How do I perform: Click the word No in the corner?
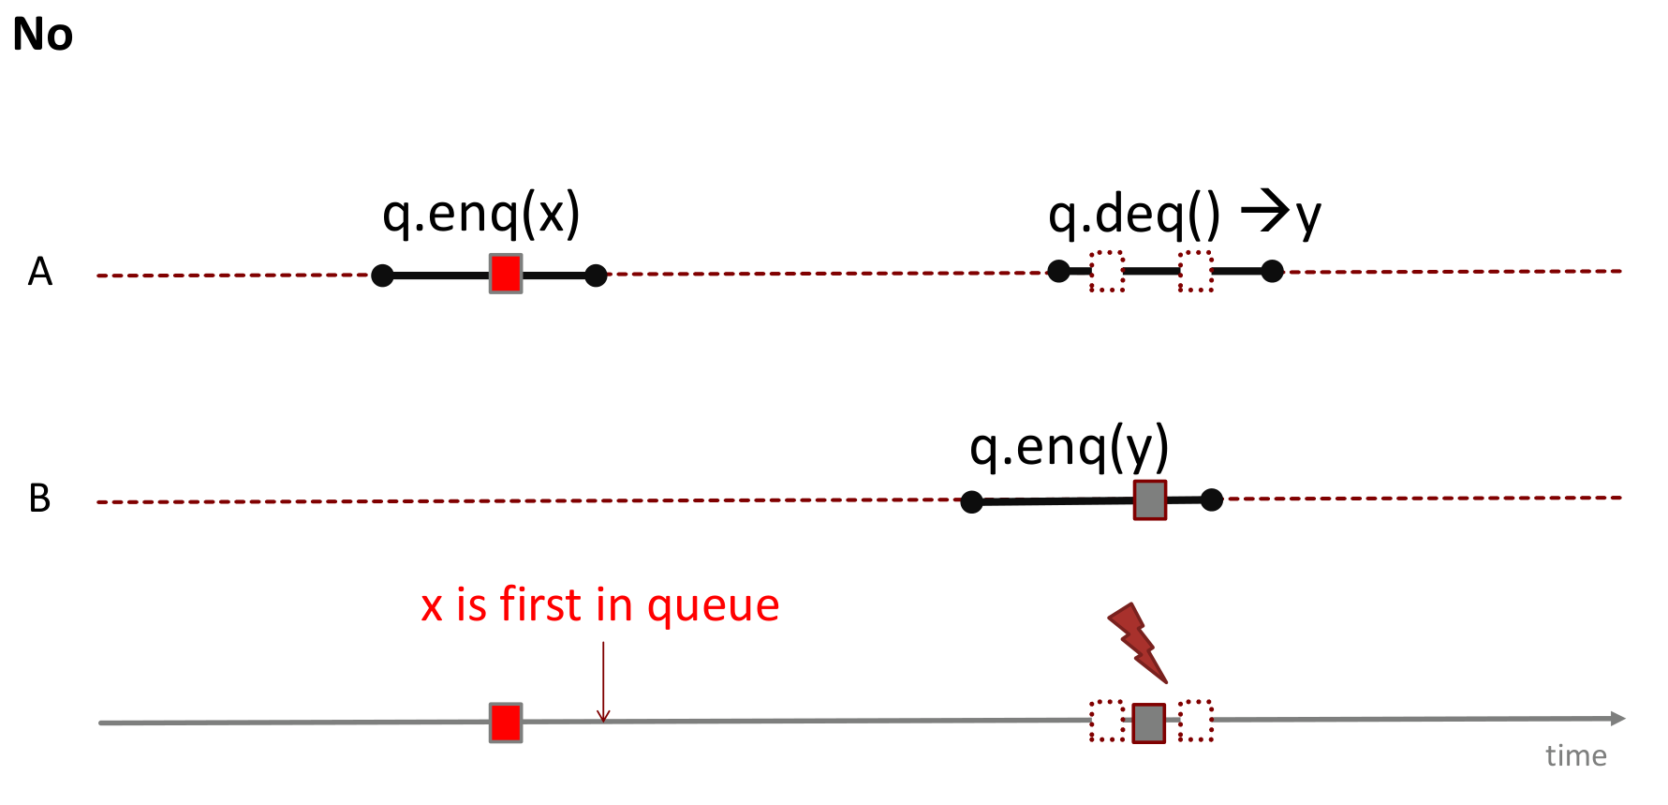pyautogui.click(x=43, y=35)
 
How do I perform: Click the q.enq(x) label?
pyautogui.click(x=481, y=215)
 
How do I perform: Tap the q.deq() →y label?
pyautogui.click(x=1185, y=215)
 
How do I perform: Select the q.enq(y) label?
pyautogui.click(x=1070, y=447)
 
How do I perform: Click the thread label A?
pyautogui.click(x=40, y=272)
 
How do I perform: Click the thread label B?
pyautogui.click(x=40, y=499)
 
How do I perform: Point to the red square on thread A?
pyautogui.click(x=506, y=274)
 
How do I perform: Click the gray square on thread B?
pyautogui.click(x=1150, y=499)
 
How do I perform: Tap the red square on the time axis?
pyautogui.click(x=506, y=723)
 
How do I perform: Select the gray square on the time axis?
pyautogui.click(x=1149, y=723)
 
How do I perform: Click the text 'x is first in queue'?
pyautogui.click(x=600, y=604)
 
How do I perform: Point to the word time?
pyautogui.click(x=1576, y=755)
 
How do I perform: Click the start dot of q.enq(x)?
pyautogui.click(x=382, y=276)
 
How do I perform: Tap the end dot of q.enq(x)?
pyautogui.click(x=596, y=276)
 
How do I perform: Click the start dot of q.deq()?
pyautogui.click(x=1058, y=272)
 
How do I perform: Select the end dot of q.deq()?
pyautogui.click(x=1272, y=272)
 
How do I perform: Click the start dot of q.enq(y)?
pyautogui.click(x=972, y=502)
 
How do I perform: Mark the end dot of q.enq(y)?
pyautogui.click(x=1212, y=499)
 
